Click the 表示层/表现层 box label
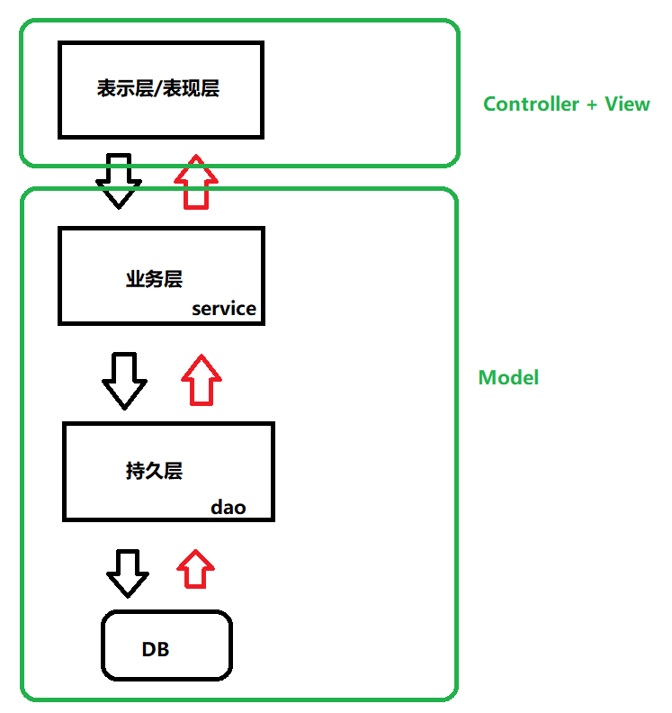coord(158,89)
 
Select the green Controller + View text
coord(566,104)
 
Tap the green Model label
coord(508,378)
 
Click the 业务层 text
coord(154,279)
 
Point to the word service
coord(224,309)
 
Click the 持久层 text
coord(154,471)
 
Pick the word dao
coord(228,508)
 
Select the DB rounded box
coord(166,645)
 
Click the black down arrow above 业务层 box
coord(119,181)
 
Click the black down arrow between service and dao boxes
coord(124,380)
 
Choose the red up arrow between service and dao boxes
coord(202,380)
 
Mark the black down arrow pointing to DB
coord(128,573)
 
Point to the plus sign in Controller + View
coord(591,105)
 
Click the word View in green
coord(627,104)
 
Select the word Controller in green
coord(531,104)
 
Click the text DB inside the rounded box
coord(156,649)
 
